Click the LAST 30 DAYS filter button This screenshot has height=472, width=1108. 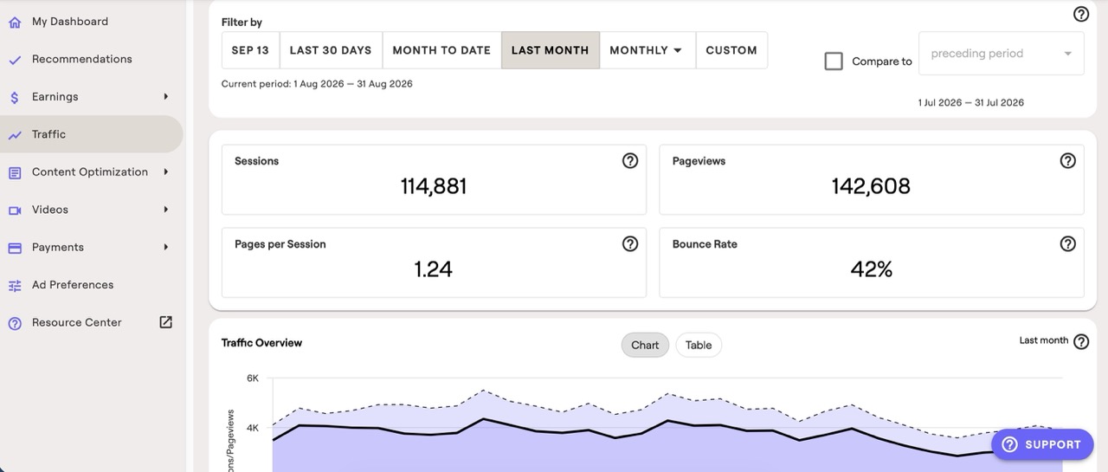tap(331, 50)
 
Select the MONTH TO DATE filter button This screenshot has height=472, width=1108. tap(441, 50)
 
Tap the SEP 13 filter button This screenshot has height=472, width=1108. tap(250, 50)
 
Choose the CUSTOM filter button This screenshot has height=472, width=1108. tap(731, 50)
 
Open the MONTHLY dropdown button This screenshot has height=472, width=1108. tap(646, 50)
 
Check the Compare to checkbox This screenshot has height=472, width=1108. tap(834, 61)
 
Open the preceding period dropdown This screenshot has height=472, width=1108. tap(1002, 54)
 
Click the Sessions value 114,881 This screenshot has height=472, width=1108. tap(434, 186)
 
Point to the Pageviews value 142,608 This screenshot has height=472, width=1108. tap(871, 186)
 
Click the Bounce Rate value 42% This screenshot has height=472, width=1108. tap(871, 269)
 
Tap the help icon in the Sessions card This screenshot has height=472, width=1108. tap(629, 161)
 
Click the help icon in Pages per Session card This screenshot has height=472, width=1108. tap(629, 244)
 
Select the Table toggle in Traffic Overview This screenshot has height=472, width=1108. tap(699, 345)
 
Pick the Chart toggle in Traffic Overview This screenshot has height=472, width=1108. tap(645, 345)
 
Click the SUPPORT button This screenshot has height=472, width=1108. tap(1042, 444)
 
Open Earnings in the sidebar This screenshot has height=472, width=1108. tap(55, 96)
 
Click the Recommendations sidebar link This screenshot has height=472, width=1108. tap(82, 59)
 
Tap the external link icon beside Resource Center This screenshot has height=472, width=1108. tap(165, 322)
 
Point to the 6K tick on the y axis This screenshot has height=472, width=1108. tap(252, 378)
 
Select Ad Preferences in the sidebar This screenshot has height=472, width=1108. tap(73, 284)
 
